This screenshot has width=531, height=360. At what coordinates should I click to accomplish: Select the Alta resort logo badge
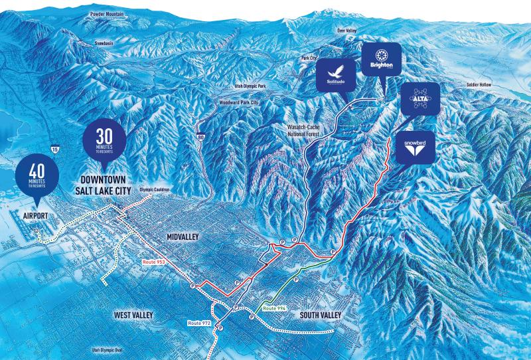[419, 98]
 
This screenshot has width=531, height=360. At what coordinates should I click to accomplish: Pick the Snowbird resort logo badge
[416, 148]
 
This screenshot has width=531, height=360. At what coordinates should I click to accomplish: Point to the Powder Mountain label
[110, 13]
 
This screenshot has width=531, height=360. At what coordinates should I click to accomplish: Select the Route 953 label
[153, 263]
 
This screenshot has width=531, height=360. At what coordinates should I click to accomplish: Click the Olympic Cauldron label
[155, 189]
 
